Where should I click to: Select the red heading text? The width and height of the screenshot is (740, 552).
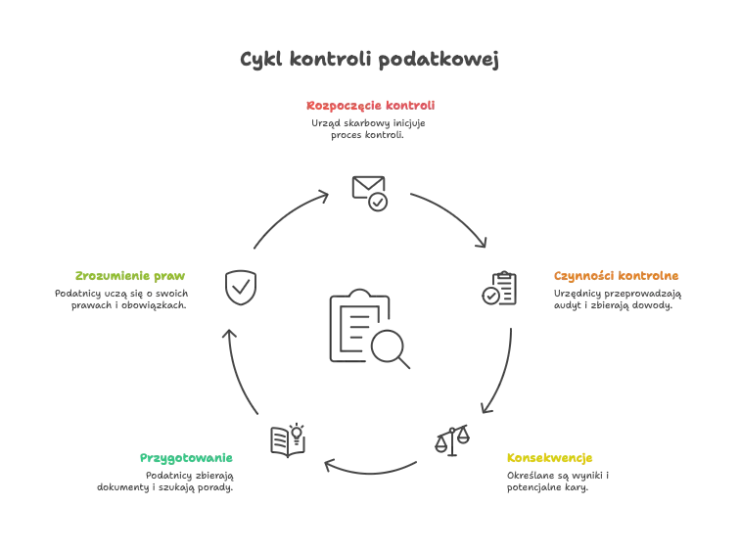coord(370,104)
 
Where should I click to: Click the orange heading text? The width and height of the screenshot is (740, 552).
coord(616,276)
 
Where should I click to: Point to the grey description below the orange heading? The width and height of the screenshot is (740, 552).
coord(615,302)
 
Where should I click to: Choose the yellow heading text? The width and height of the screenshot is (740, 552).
coord(550,458)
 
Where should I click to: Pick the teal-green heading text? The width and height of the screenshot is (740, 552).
coord(187,458)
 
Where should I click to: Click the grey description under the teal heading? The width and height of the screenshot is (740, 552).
coord(164,483)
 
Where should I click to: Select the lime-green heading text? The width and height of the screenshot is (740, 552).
coord(129,276)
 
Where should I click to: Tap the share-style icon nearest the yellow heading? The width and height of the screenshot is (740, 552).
coord(450,440)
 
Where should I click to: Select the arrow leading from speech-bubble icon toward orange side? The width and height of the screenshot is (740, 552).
coord(449,216)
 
